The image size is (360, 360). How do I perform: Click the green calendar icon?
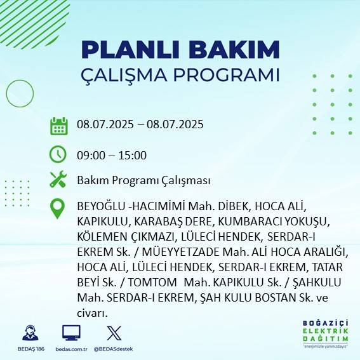(58, 126)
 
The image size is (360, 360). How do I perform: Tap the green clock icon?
(58, 154)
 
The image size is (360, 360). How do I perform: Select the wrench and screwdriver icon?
(58, 180)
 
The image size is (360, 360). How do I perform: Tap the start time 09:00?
(90, 155)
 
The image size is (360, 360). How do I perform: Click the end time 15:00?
(133, 155)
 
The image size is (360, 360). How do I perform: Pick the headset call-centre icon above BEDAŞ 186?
(30, 333)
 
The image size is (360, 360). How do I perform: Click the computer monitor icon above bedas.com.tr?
(71, 333)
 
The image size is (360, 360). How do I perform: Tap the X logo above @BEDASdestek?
(114, 333)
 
